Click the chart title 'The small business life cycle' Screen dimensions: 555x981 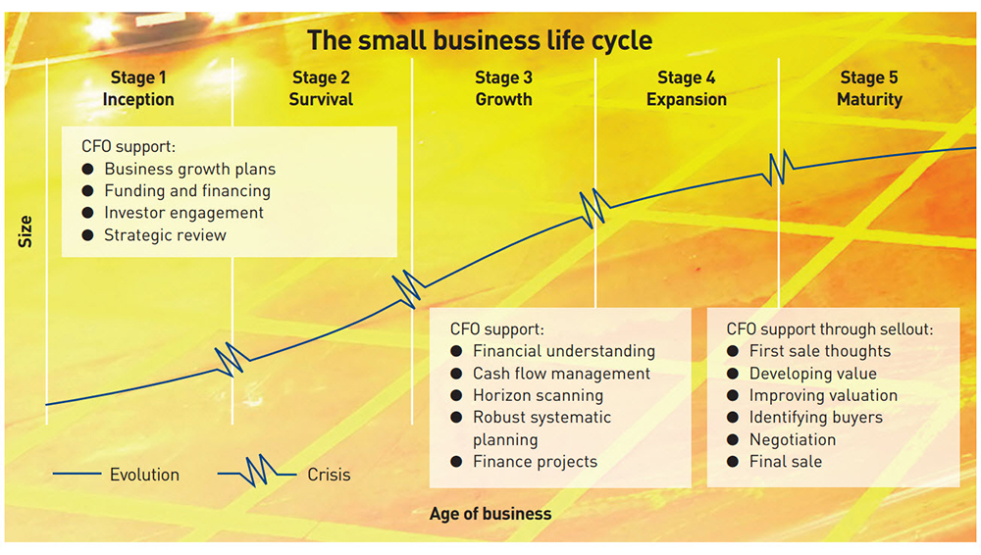click(x=480, y=40)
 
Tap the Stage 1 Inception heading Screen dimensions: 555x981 click(x=138, y=88)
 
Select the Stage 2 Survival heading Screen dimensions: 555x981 click(x=321, y=88)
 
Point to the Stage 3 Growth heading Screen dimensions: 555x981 click(x=503, y=88)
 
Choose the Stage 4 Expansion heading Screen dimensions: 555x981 click(x=687, y=88)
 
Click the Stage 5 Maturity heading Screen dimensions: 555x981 click(x=869, y=88)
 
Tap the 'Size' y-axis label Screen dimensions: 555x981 click(x=26, y=231)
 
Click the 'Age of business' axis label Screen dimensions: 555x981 click(x=490, y=513)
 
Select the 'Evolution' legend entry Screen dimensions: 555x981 click(x=144, y=475)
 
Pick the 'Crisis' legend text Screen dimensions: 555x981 click(x=329, y=475)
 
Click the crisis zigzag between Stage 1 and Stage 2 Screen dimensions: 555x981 click(x=231, y=358)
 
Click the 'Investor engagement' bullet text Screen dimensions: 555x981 click(x=183, y=213)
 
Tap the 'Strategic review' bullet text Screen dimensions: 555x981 click(x=165, y=234)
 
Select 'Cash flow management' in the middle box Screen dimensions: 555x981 click(x=561, y=374)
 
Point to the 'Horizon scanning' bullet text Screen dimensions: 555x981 click(x=538, y=395)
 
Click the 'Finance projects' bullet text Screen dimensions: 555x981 click(x=535, y=461)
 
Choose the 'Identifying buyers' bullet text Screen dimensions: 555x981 click(x=815, y=417)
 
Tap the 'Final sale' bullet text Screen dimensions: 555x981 click(x=786, y=461)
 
